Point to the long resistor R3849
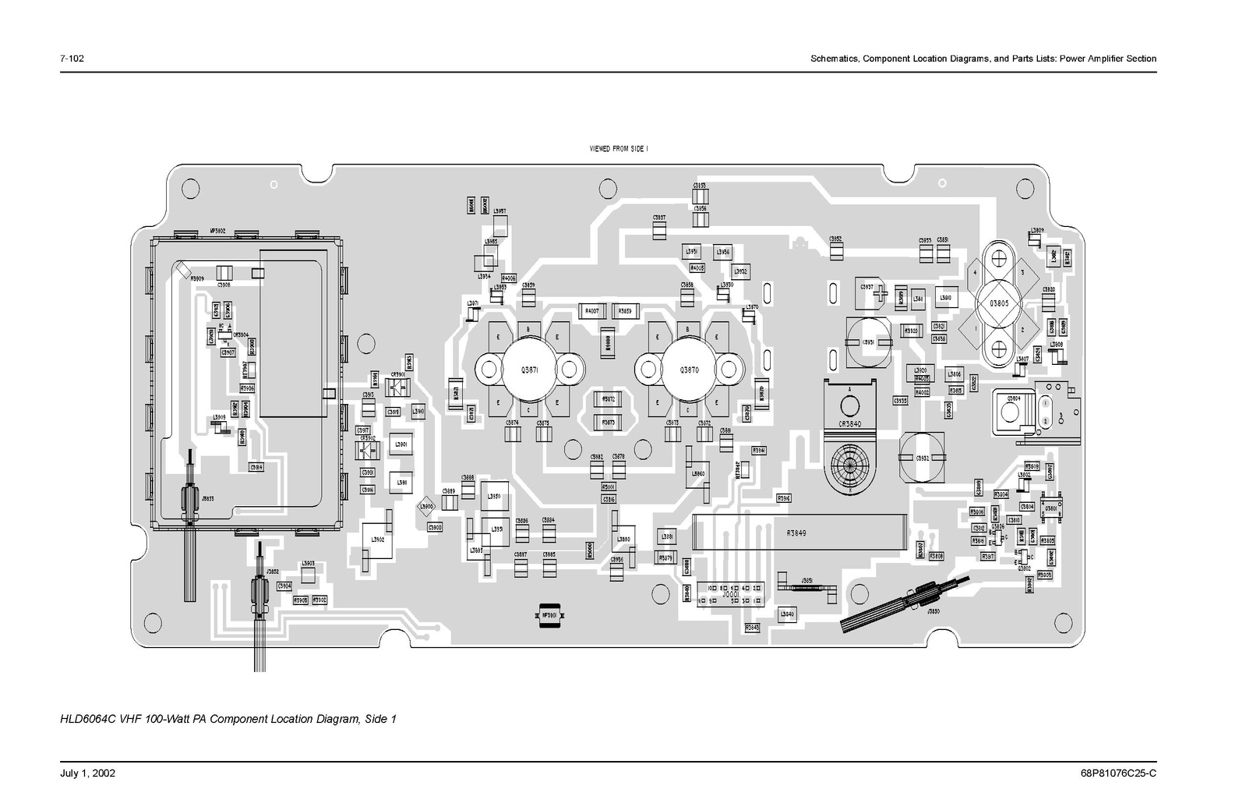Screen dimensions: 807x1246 [796, 534]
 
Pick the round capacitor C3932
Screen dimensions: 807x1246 [923, 457]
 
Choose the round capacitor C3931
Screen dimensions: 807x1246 [867, 342]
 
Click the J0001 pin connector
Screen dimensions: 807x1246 [731, 593]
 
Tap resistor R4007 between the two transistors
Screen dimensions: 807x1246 [591, 311]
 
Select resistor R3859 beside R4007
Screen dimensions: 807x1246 [625, 311]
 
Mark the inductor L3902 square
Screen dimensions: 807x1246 [377, 540]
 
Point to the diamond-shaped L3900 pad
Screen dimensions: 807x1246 [425, 507]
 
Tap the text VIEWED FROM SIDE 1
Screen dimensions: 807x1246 [619, 148]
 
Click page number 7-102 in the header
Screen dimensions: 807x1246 [72, 58]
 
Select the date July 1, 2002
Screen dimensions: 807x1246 [87, 773]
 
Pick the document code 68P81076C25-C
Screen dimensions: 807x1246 [1118, 773]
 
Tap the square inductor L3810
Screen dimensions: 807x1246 [946, 298]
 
